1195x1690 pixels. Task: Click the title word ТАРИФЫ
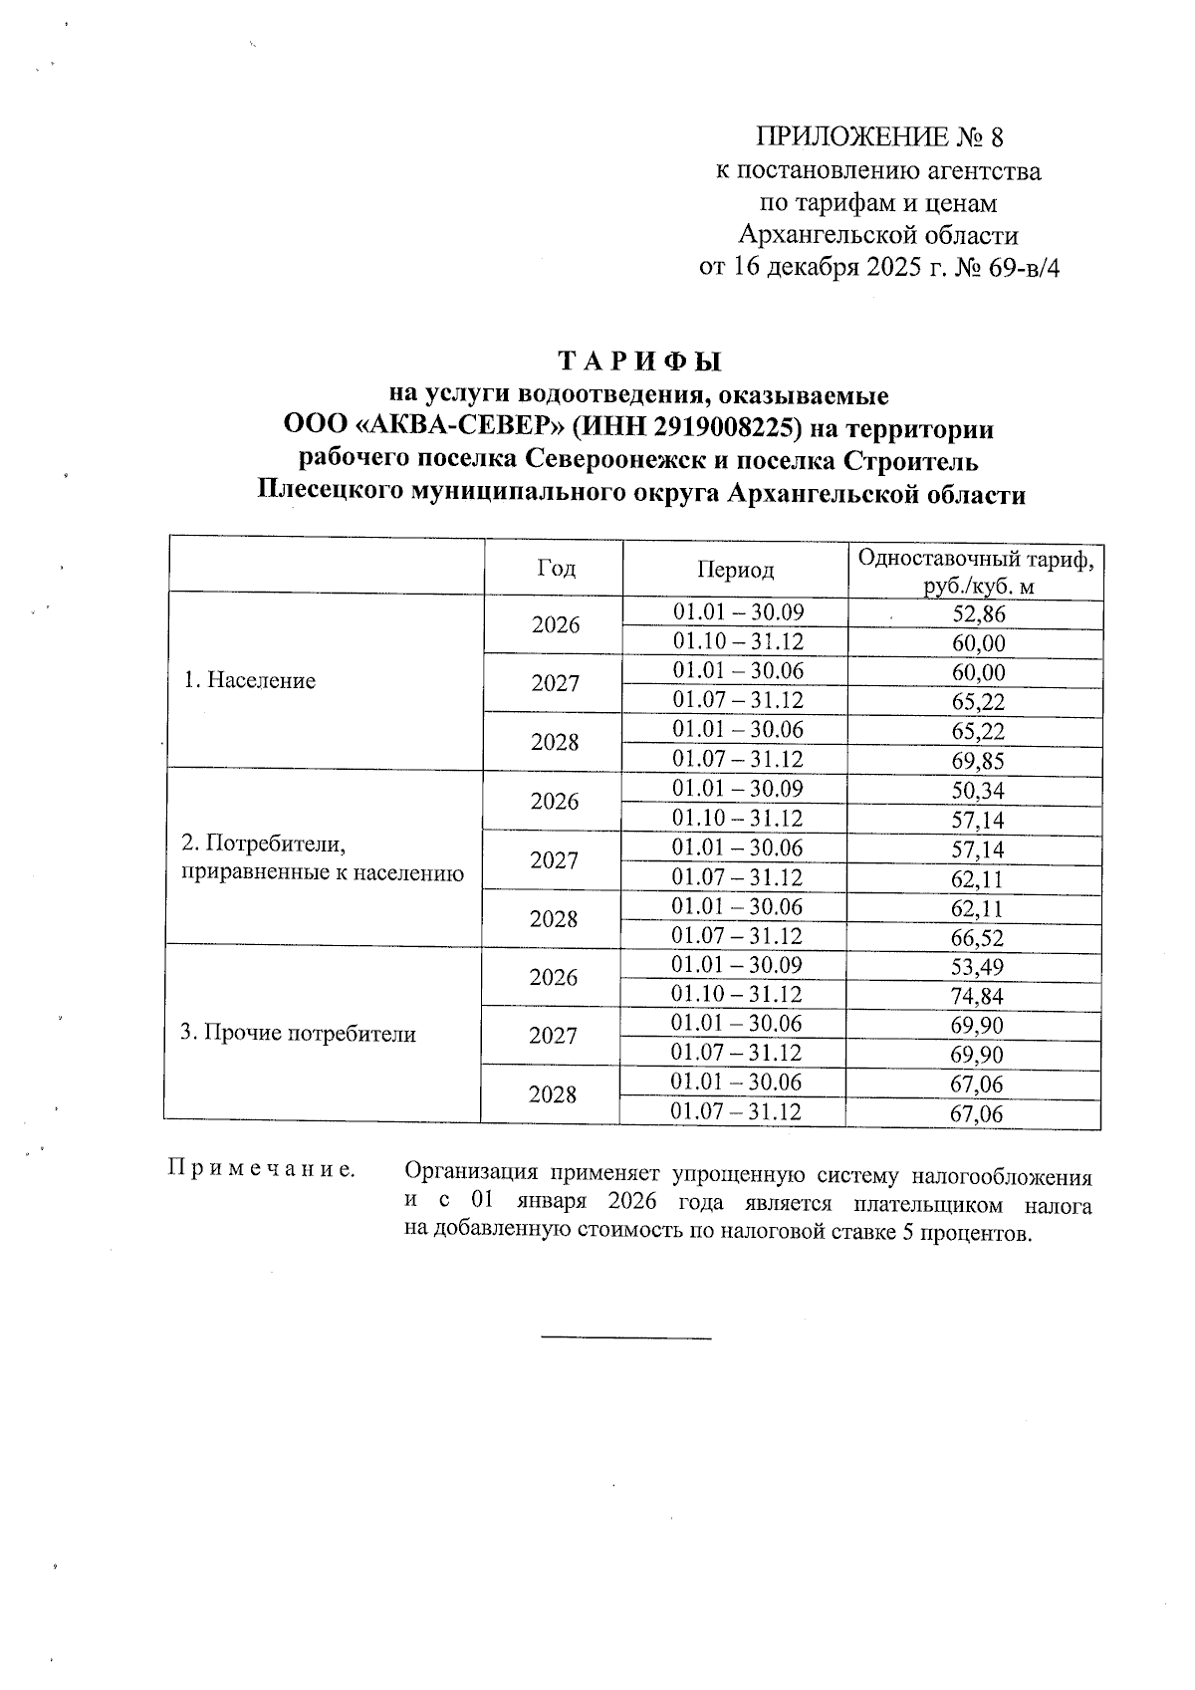[x=639, y=361]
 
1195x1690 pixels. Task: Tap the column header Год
[x=556, y=569]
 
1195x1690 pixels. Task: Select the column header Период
[x=735, y=570]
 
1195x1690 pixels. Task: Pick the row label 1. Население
[x=250, y=681]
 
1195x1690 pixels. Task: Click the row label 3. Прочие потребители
[x=298, y=1034]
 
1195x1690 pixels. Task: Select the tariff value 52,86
[x=979, y=614]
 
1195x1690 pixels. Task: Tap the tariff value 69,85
[x=978, y=762]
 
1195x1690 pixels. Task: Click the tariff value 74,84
[x=977, y=997]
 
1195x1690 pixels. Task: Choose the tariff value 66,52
[x=977, y=938]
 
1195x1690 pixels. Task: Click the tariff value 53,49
[x=977, y=967]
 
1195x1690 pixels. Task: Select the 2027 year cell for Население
[x=555, y=684]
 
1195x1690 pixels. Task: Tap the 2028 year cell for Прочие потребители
[x=553, y=1095]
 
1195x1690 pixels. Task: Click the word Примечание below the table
[x=262, y=1168]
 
